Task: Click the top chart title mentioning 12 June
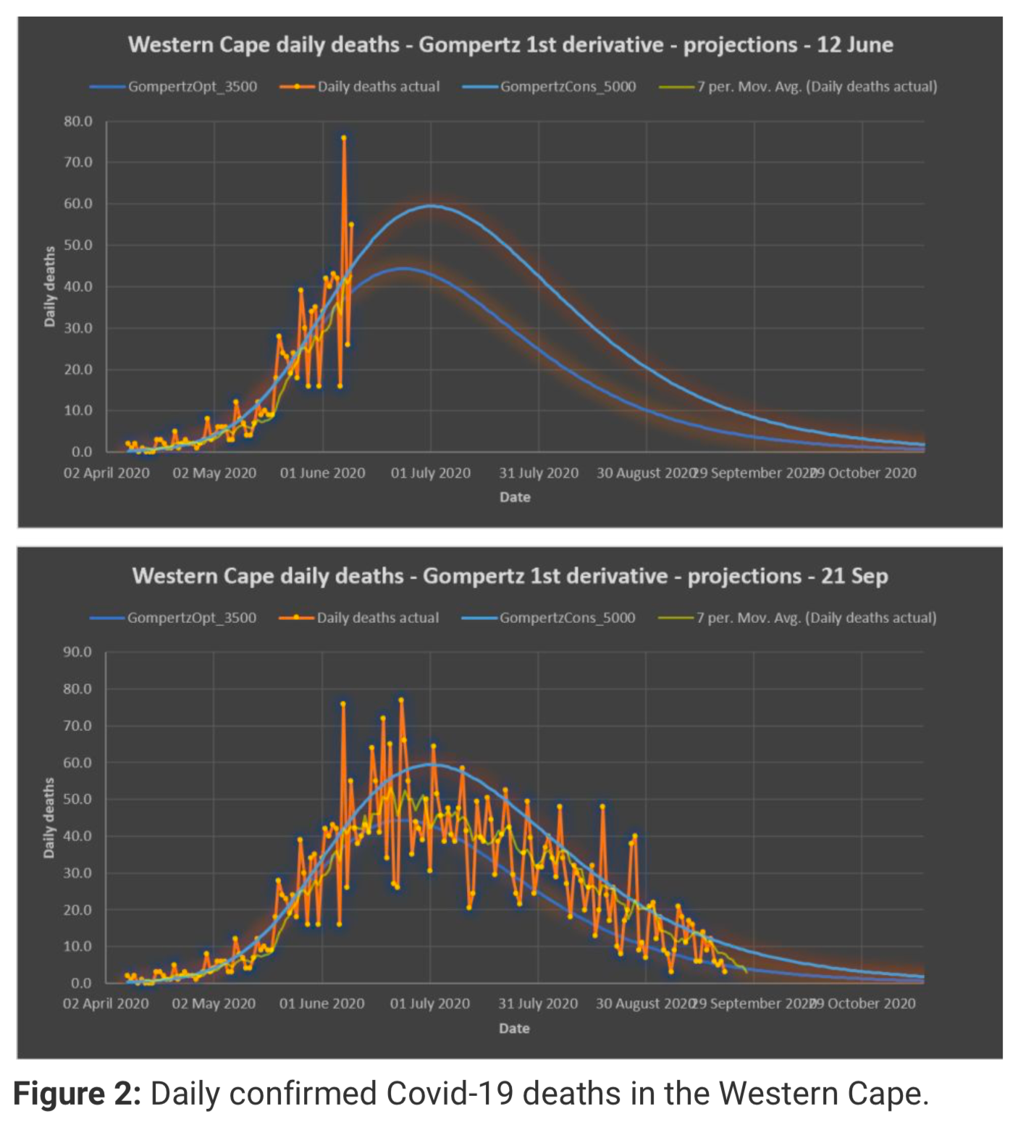tap(510, 45)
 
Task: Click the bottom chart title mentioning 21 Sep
tap(510, 576)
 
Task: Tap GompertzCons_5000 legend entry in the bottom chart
tap(567, 618)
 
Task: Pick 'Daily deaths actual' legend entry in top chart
tap(378, 87)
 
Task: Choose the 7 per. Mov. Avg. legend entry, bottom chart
tap(816, 618)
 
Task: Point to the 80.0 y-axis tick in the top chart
tap(78, 122)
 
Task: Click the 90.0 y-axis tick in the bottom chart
tap(77, 652)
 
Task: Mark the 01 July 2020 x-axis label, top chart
tap(431, 473)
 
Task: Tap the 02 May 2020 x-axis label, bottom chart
tap(214, 1004)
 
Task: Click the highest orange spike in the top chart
tap(344, 138)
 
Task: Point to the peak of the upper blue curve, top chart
tap(431, 206)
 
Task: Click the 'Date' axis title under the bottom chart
tap(514, 1029)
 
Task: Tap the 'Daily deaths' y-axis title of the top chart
tap(50, 286)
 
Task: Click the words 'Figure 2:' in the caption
tap(77, 1094)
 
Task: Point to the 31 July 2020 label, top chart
tap(539, 473)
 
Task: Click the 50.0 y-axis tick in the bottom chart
tap(77, 799)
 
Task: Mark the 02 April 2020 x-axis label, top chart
tap(106, 473)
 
